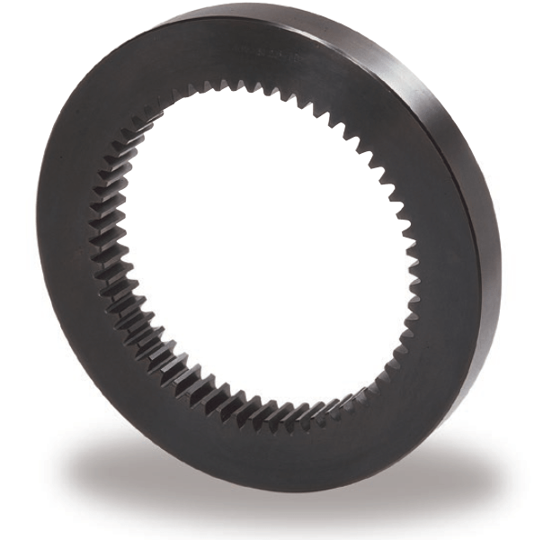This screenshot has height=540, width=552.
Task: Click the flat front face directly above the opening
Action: [x=261, y=49]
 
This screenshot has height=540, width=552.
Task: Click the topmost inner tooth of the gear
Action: [x=261, y=86]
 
